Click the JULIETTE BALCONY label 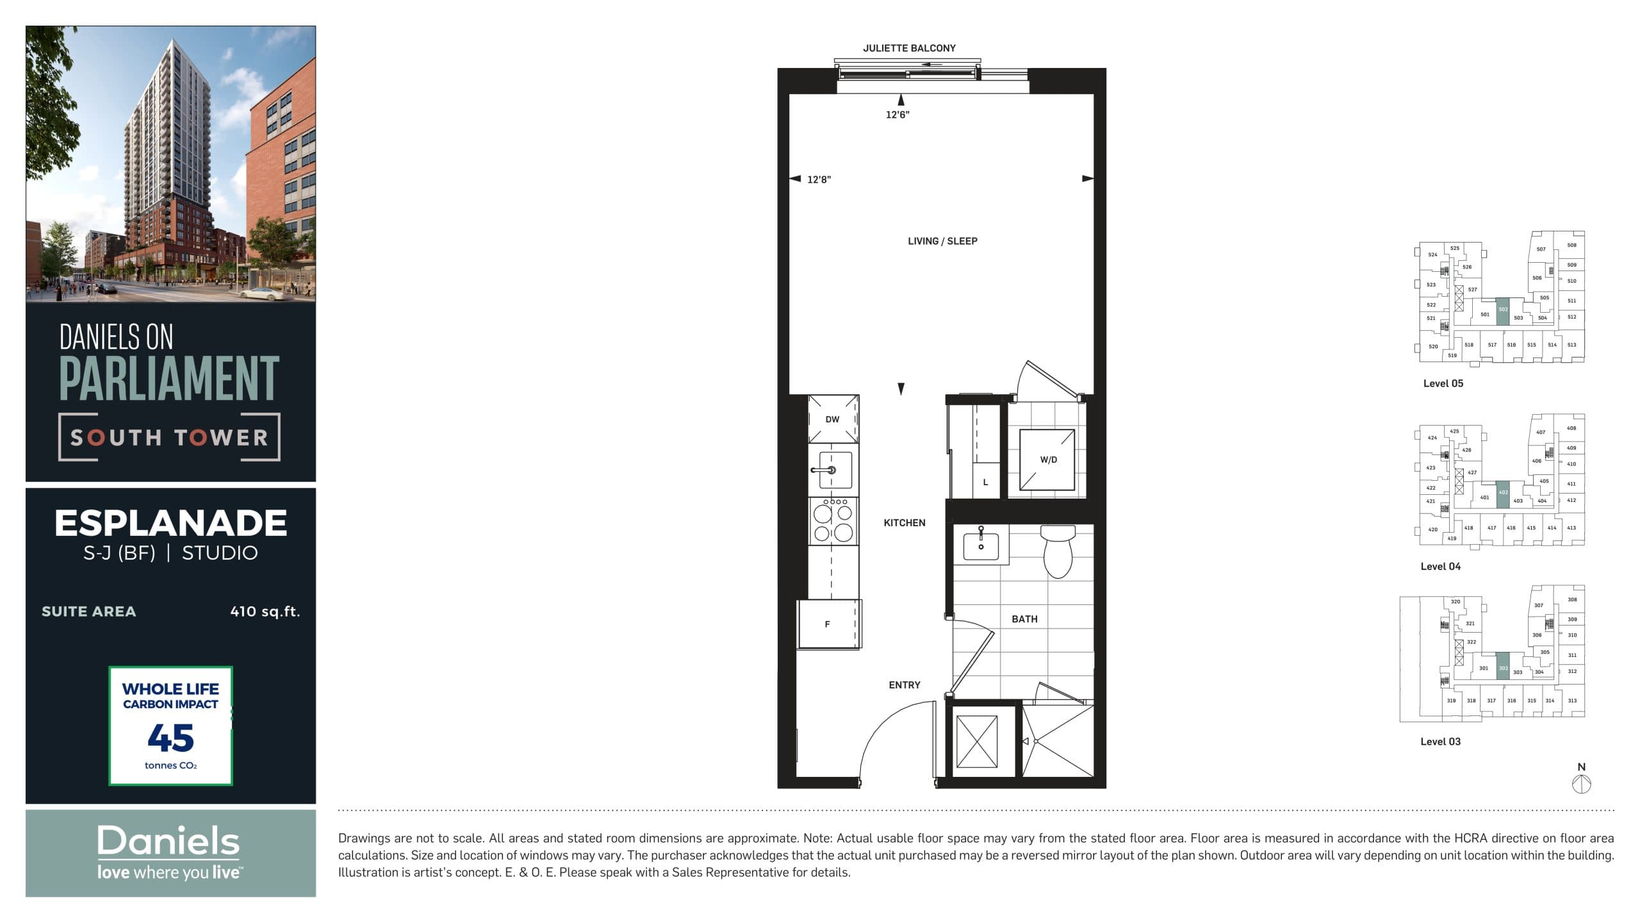[908, 48]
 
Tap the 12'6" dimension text [897, 115]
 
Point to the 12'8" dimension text [819, 179]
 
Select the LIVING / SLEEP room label [942, 241]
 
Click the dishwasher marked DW [833, 419]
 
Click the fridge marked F [828, 624]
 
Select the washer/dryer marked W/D [1048, 460]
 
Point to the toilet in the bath [1058, 551]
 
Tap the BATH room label [1024, 619]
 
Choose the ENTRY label [904, 685]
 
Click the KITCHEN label [904, 523]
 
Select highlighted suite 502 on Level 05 [1503, 311]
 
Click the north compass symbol [1582, 783]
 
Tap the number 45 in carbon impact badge [170, 738]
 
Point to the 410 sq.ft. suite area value [265, 611]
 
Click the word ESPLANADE [170, 523]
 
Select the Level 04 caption [1440, 567]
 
